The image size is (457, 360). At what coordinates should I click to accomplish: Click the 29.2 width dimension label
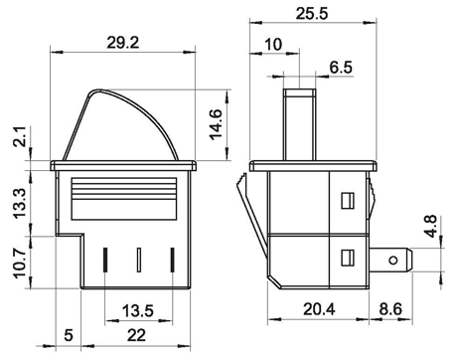(122, 43)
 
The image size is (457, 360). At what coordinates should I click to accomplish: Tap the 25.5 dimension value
(312, 14)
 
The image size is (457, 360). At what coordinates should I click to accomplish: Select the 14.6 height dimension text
(216, 124)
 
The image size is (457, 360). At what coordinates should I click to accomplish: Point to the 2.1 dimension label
(20, 136)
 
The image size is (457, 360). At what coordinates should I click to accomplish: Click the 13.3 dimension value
(20, 203)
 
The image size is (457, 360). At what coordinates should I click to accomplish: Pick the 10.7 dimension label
(20, 264)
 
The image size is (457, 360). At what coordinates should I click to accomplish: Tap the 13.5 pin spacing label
(138, 311)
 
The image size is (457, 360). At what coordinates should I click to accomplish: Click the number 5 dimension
(69, 335)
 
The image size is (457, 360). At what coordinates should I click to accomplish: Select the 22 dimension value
(136, 335)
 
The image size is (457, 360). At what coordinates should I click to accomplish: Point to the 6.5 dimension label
(341, 68)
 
